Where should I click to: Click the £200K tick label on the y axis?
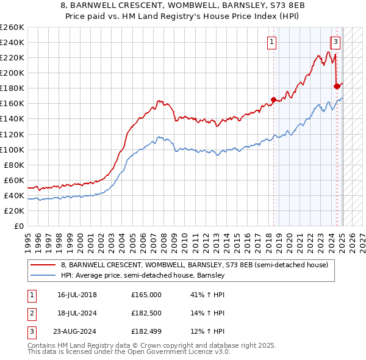12,73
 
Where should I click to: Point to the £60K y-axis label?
14,180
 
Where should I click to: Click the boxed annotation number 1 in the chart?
271,42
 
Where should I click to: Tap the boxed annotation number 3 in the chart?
335,42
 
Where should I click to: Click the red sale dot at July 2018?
273,99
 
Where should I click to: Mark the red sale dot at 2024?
337,86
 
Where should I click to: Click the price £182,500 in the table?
146,313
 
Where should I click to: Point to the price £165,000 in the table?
146,295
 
